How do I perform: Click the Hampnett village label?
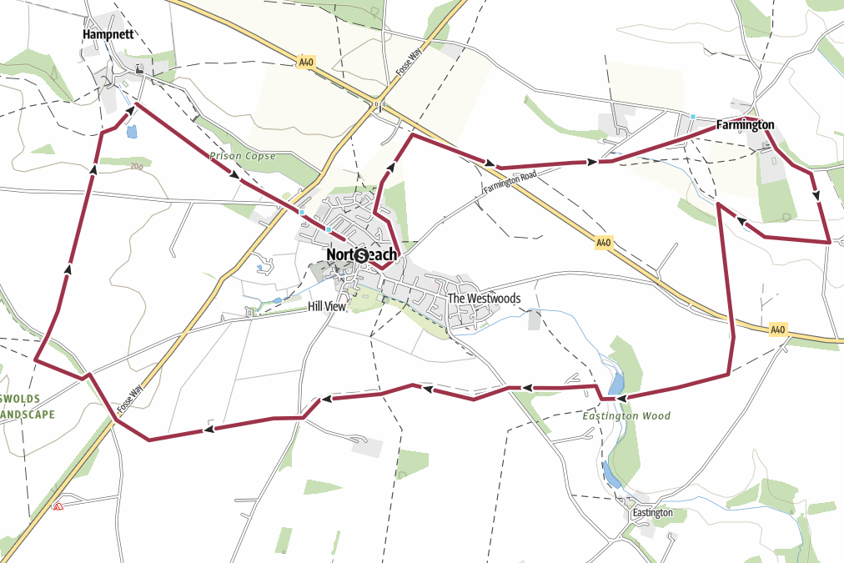108,34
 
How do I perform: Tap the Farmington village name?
745,125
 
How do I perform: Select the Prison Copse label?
242,156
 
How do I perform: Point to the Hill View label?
326,307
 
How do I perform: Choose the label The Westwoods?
484,299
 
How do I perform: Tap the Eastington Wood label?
626,415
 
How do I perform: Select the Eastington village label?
652,512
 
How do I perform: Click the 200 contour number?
137,166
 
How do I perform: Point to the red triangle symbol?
58,506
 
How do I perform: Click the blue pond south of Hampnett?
131,131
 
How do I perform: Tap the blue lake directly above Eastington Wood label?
615,383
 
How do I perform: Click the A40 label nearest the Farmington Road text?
604,243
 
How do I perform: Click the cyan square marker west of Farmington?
693,116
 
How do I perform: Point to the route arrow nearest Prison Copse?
234,174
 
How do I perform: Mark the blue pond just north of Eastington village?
611,475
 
